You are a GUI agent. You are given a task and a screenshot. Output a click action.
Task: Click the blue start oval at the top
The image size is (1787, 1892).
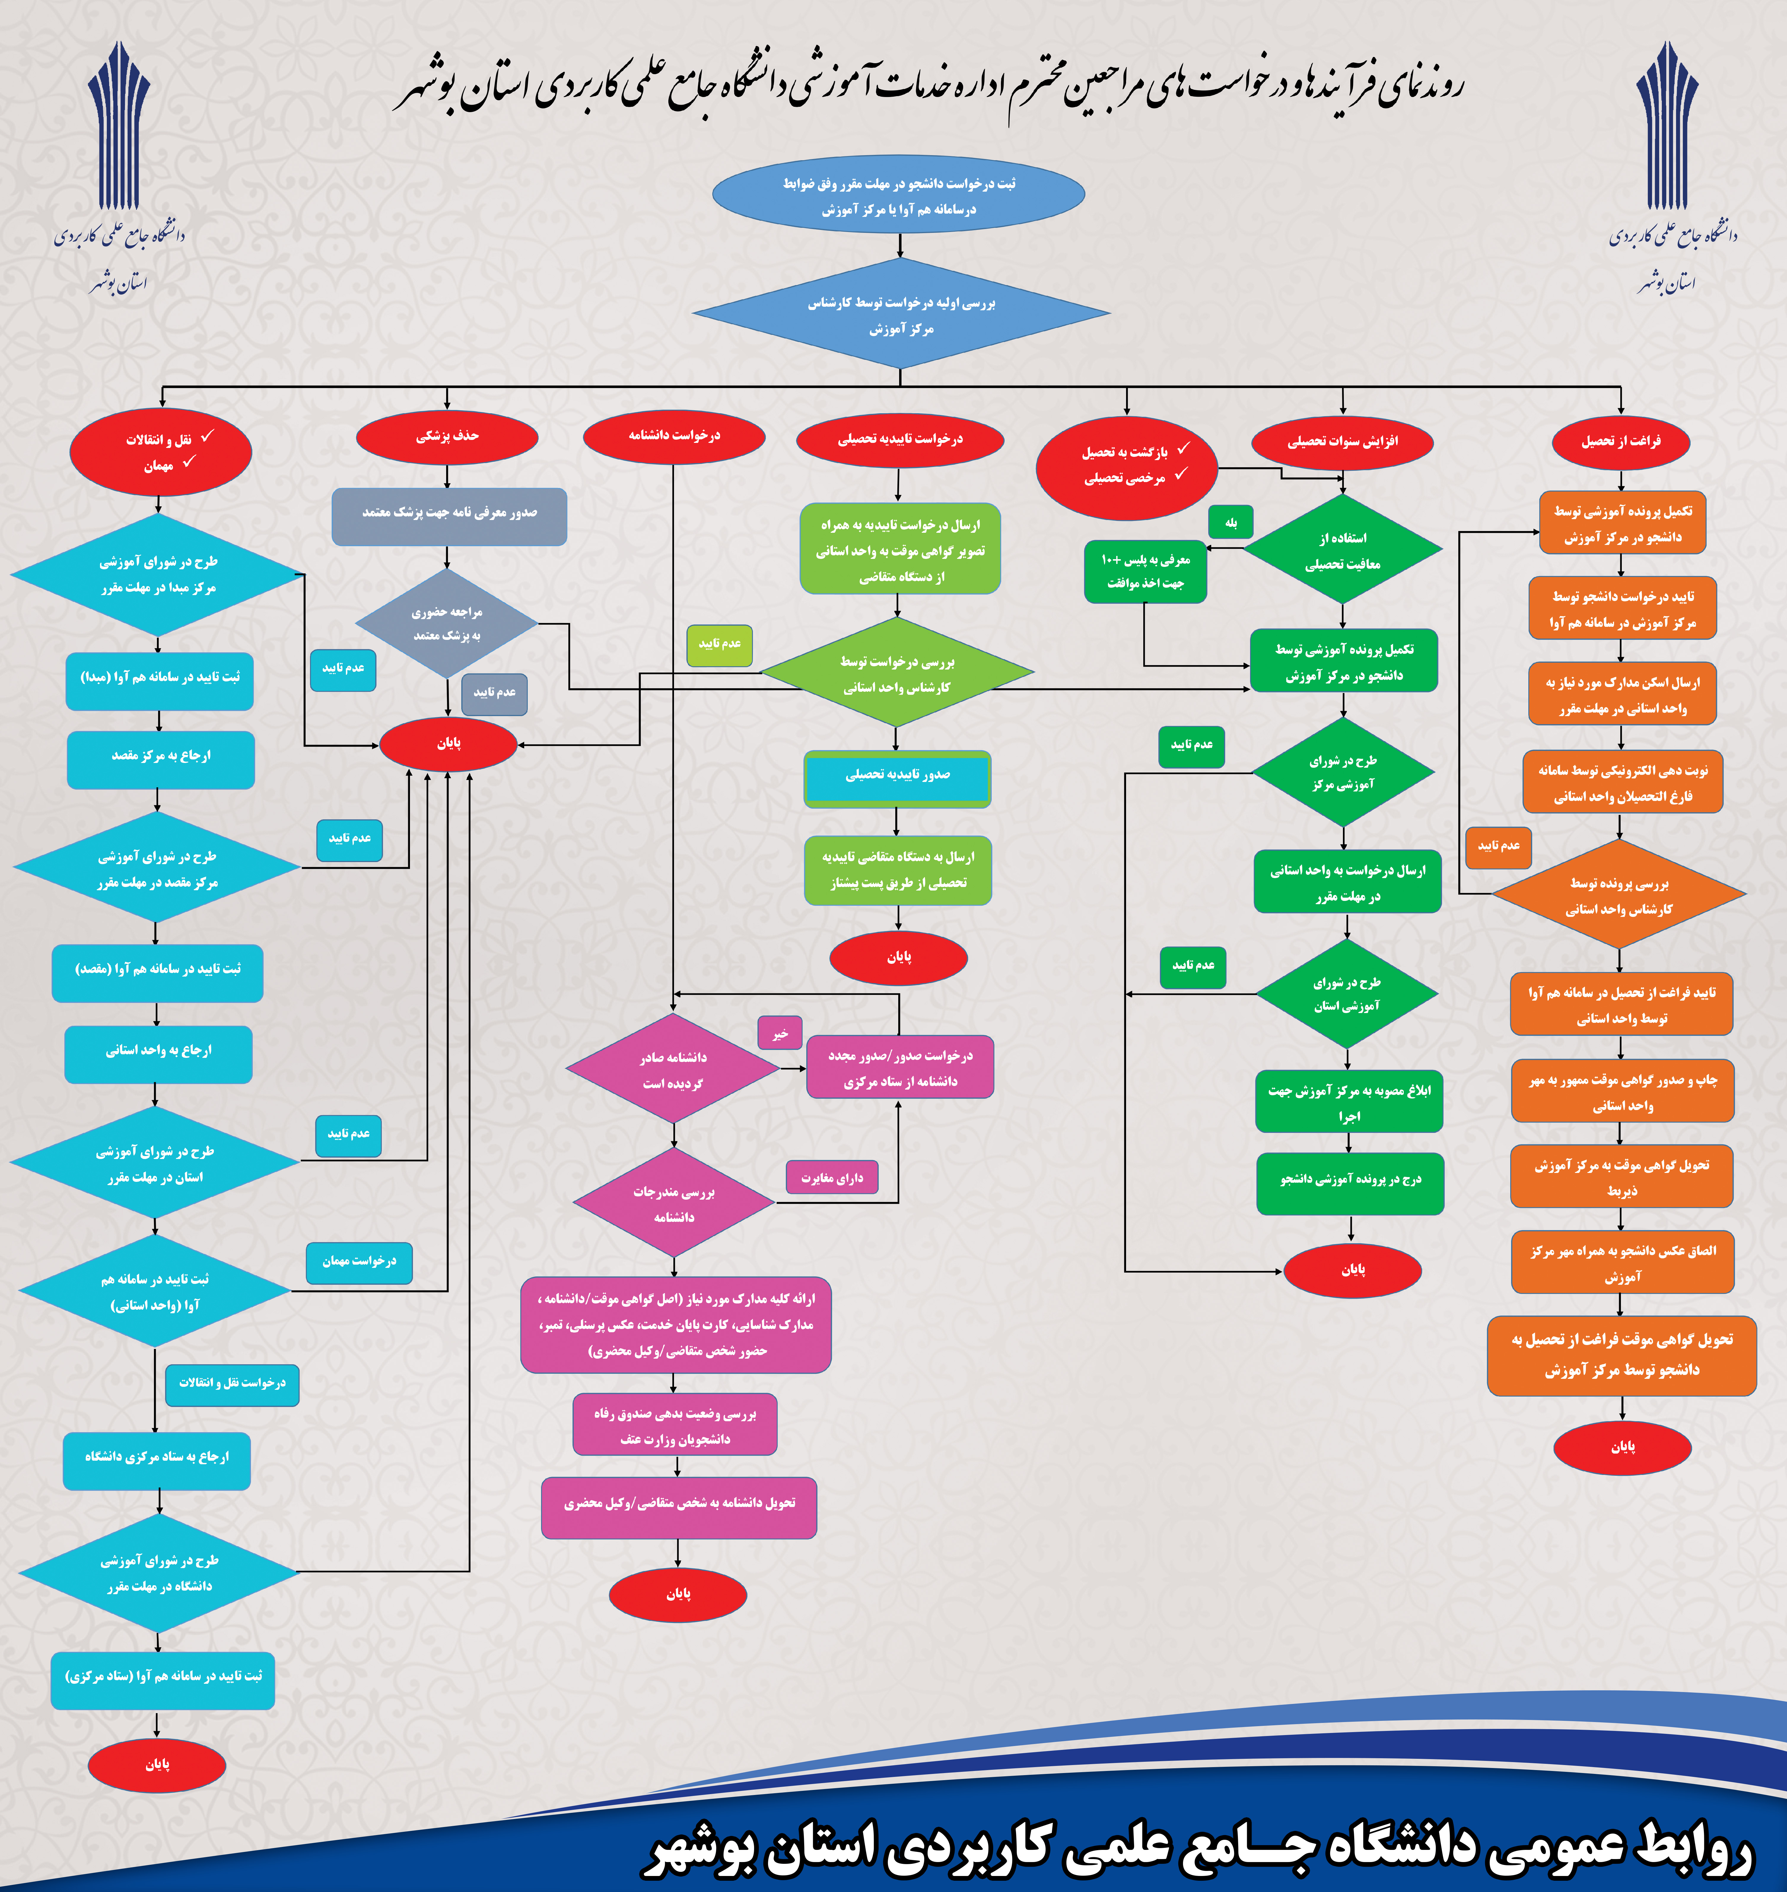[x=898, y=195]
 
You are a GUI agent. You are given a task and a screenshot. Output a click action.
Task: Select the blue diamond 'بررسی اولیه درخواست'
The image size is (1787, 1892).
[x=901, y=314]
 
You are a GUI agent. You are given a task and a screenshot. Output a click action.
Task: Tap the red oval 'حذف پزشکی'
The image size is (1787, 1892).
[x=447, y=436]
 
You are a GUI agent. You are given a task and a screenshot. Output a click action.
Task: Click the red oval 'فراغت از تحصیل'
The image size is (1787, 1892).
[x=1620, y=441]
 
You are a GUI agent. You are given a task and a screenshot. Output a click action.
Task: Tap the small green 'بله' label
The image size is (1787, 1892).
[x=1231, y=522]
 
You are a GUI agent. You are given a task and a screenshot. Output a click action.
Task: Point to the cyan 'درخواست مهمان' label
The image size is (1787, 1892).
[x=359, y=1261]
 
